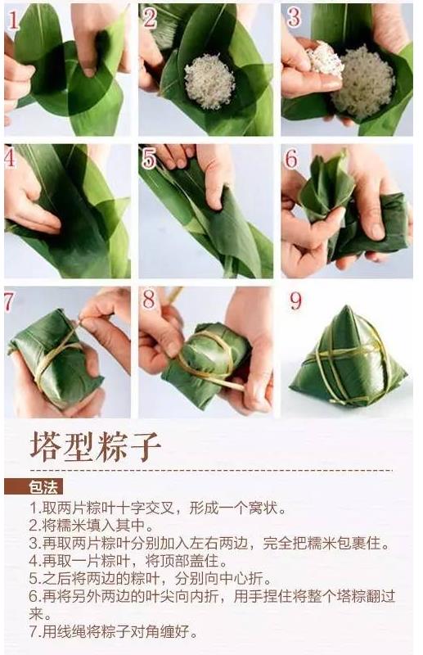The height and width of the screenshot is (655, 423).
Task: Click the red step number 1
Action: click(12, 20)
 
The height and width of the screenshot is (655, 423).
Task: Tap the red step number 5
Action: click(149, 159)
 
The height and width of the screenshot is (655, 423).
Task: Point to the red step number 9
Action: click(295, 300)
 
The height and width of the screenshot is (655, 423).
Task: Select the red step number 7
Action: click(9, 301)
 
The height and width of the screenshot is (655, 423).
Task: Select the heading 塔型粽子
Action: click(95, 446)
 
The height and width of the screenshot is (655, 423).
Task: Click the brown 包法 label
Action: click(43, 486)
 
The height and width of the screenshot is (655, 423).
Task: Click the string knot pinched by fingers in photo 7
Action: click(80, 323)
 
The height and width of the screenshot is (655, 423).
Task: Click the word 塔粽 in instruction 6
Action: click(352, 596)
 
